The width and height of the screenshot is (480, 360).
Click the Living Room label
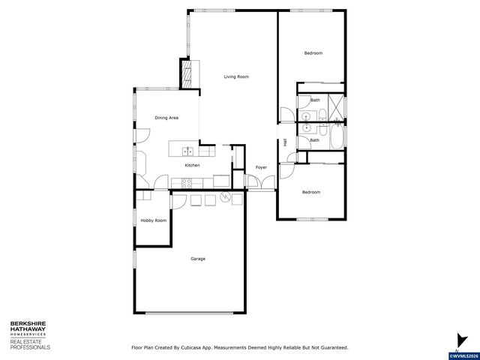tap(236, 76)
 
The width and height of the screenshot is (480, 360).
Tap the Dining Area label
tap(166, 118)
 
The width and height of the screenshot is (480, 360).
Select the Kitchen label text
tap(192, 165)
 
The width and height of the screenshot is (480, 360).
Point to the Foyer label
tap(261, 167)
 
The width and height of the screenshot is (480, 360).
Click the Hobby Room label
tap(153, 220)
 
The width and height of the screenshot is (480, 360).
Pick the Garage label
tap(197, 259)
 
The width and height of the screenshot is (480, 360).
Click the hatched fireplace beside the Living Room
tap(187, 73)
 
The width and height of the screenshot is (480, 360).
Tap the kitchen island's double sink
tap(183, 151)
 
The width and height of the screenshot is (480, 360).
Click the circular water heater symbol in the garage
tap(224, 198)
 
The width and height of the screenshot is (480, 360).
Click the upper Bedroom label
tap(313, 52)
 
